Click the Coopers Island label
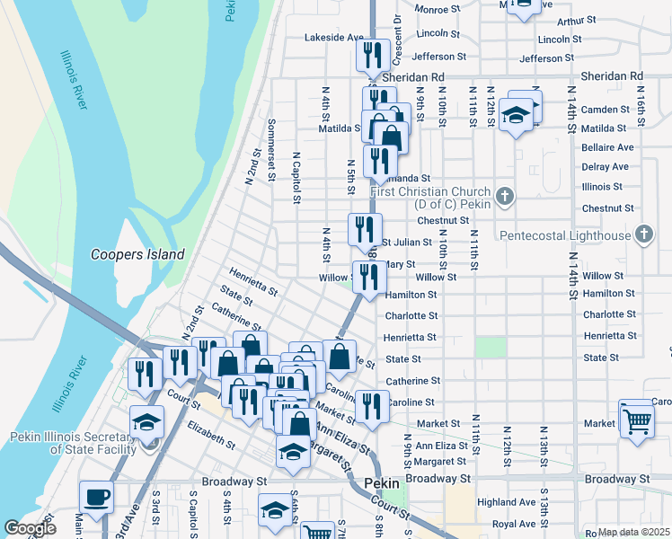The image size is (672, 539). point(137,254)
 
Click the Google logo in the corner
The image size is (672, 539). point(30,528)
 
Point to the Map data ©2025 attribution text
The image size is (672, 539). point(633,532)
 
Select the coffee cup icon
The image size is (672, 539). point(97,497)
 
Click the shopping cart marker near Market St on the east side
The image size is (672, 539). point(636,420)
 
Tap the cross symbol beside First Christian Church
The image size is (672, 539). point(506,194)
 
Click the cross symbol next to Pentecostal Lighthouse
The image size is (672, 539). point(643,235)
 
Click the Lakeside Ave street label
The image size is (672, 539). point(333,38)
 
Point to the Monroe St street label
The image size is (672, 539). point(438,9)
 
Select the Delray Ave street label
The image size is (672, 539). point(606,167)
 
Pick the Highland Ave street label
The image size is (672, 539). point(507,502)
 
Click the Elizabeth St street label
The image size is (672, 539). point(210,438)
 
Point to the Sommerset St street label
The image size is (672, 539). point(270,149)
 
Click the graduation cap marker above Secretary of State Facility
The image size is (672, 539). point(146,422)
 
